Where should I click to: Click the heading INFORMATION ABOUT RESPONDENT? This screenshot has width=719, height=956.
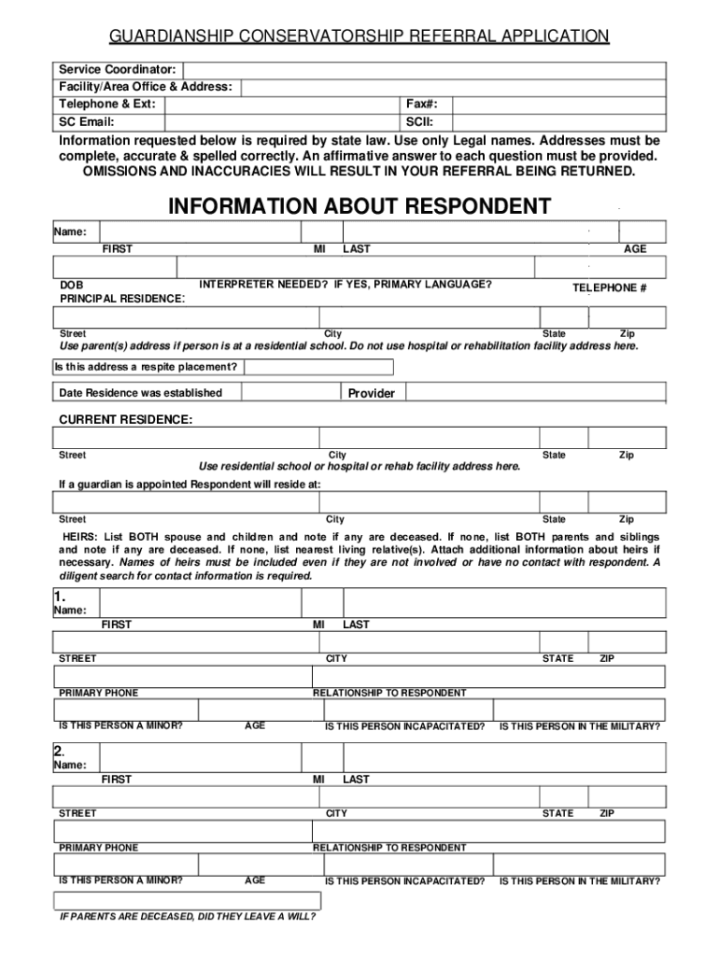tap(359, 206)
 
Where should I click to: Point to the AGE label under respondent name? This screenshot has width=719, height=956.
tap(635, 249)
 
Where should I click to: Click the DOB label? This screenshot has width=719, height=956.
tap(71, 285)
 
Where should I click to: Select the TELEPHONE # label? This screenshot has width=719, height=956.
tap(609, 288)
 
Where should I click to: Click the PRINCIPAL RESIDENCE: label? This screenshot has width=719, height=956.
tap(122, 298)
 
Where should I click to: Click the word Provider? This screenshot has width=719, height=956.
tap(372, 393)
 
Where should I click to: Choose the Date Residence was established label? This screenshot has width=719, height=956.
tap(140, 393)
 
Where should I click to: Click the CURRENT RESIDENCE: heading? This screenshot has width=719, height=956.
tap(126, 420)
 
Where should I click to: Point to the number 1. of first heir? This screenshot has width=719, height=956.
tap(60, 596)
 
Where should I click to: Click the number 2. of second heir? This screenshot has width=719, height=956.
tap(60, 751)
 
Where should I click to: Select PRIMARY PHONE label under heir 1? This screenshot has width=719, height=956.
tap(98, 693)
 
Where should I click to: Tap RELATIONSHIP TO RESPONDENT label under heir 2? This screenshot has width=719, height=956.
tap(389, 848)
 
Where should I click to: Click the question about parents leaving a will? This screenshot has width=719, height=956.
tap(187, 916)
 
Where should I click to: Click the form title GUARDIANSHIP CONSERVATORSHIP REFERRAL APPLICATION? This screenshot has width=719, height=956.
tap(359, 36)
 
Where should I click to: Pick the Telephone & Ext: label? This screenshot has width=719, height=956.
tap(107, 104)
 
